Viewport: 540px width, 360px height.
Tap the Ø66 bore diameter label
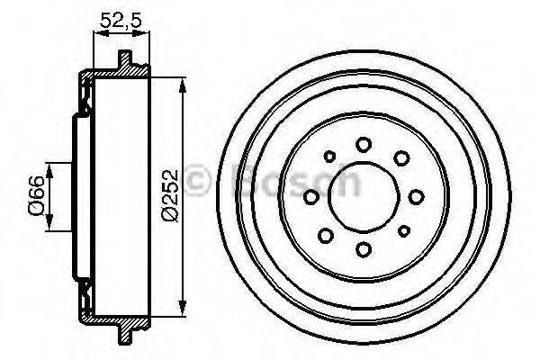click(35, 195)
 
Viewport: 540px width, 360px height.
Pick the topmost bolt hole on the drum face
click(364, 144)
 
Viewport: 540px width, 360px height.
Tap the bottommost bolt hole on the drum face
click(364, 249)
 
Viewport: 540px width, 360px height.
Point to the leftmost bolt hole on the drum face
click(311, 197)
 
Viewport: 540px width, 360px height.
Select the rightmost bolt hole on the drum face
click(417, 196)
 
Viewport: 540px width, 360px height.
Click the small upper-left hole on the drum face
click(329, 157)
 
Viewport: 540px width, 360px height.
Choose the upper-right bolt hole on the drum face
click(400, 159)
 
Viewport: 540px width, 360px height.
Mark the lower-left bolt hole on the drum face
click(327, 234)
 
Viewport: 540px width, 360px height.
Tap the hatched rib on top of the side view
click(127, 61)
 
